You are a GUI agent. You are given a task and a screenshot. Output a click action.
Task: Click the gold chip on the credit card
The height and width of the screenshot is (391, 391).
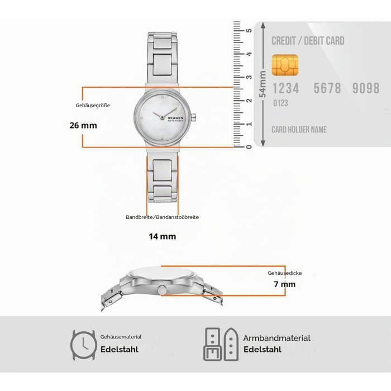(x=285, y=65)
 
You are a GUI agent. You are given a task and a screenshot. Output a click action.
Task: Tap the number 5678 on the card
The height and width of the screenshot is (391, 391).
(x=327, y=88)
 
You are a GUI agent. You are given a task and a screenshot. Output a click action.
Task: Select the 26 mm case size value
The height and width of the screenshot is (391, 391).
(x=83, y=125)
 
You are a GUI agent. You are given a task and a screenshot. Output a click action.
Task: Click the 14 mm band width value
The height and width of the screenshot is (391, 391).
(x=163, y=236)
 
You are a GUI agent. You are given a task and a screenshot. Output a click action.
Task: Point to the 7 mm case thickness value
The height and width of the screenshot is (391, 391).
(x=284, y=284)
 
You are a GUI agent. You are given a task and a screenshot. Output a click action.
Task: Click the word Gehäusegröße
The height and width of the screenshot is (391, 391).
(x=93, y=106)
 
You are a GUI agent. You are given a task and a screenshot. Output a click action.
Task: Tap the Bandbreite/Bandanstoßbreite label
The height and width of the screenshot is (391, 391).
(x=163, y=217)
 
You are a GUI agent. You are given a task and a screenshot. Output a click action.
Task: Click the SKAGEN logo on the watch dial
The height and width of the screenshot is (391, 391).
(x=175, y=118)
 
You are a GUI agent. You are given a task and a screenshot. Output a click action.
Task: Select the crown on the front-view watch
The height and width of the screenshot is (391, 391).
(x=193, y=117)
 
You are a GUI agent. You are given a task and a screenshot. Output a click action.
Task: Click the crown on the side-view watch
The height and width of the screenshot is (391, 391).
(x=162, y=290)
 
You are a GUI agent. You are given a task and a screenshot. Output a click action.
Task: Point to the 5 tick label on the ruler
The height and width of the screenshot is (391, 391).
(x=249, y=30)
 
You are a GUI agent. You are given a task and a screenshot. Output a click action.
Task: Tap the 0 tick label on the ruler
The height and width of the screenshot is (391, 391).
(x=249, y=147)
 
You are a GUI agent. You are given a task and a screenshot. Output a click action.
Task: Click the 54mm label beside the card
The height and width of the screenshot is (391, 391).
(x=263, y=84)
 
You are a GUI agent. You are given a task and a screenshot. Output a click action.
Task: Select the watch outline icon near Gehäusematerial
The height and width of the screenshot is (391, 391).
(x=84, y=345)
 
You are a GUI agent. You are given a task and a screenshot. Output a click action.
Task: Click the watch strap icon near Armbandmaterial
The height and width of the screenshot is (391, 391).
(x=221, y=345)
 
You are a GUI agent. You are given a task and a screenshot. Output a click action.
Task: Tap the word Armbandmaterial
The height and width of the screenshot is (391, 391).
(x=277, y=338)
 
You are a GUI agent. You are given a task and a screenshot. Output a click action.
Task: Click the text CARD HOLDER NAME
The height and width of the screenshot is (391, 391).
(x=299, y=130)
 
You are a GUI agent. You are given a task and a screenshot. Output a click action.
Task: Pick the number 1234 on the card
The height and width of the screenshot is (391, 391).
(x=286, y=88)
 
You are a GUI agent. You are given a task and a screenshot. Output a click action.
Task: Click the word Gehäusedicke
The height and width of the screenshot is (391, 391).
(x=284, y=273)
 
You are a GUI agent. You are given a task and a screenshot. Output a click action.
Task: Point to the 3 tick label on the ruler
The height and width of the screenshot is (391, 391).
(x=249, y=77)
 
